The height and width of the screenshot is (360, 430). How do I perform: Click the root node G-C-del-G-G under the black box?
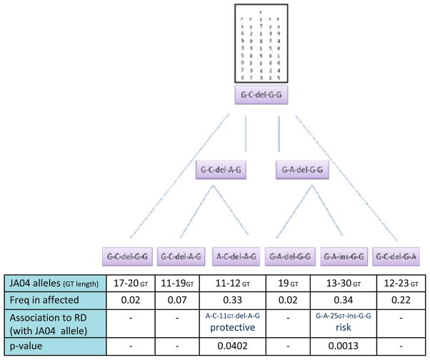[x=264, y=96]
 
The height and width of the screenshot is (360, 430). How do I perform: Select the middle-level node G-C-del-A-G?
[x=224, y=171]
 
